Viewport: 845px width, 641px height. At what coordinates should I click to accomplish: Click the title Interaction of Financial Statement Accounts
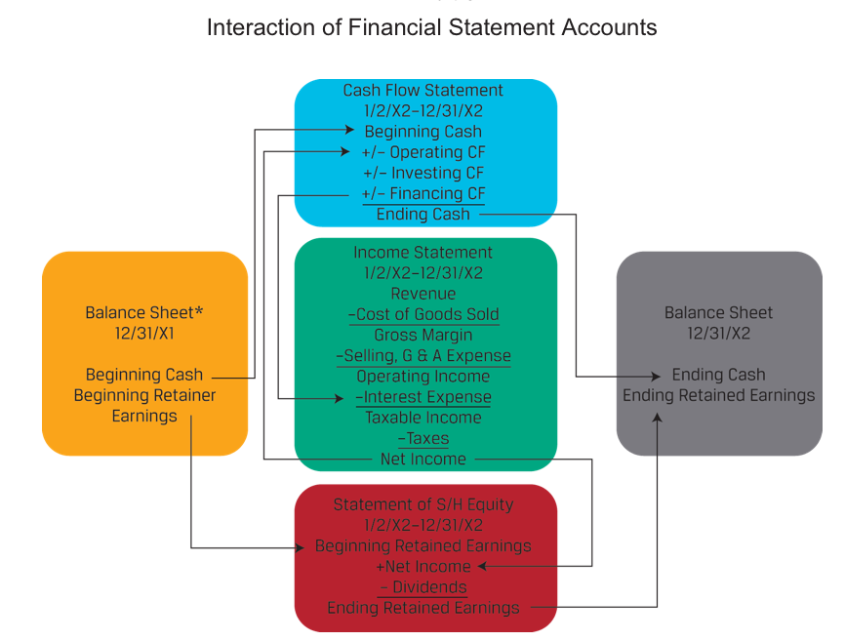[x=431, y=27]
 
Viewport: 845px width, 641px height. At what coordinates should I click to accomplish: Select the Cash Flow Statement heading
[x=422, y=90]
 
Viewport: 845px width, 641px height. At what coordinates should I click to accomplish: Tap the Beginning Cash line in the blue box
[x=422, y=132]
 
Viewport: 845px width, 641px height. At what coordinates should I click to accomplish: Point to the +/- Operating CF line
[x=422, y=152]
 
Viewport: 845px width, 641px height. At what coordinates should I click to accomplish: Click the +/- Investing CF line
[x=422, y=173]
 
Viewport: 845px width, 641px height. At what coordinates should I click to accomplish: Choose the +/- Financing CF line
[x=422, y=193]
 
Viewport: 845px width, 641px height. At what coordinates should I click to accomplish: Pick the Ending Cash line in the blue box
[x=422, y=214]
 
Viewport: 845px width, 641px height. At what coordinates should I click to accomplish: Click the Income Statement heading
[x=422, y=253]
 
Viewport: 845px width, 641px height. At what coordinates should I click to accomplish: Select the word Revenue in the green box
[x=422, y=294]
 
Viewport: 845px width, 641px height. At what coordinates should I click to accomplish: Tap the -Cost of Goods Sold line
[x=422, y=314]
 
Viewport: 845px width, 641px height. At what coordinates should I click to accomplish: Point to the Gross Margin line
[x=422, y=335]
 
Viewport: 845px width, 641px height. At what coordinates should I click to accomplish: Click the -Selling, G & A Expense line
[x=422, y=355]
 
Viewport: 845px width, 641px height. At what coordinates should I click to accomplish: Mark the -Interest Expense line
[x=422, y=397]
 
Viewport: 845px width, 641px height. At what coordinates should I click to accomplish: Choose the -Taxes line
[x=422, y=438]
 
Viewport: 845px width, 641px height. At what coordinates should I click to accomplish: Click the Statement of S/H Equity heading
[x=422, y=504]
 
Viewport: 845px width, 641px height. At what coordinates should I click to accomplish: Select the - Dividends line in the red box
[x=422, y=587]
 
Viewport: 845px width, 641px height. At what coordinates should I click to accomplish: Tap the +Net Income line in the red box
[x=422, y=567]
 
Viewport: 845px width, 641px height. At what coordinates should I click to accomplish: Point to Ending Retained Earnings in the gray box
[x=718, y=395]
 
